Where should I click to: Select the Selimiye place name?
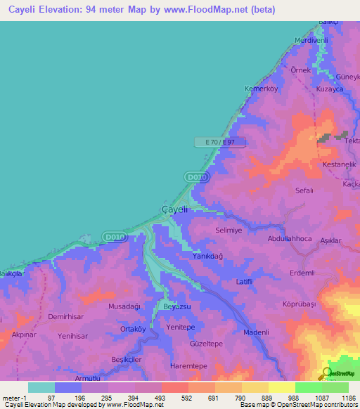pyautogui.click(x=228, y=231)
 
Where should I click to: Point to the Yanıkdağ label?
pyautogui.click(x=207, y=257)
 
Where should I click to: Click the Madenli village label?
pyautogui.click(x=257, y=332)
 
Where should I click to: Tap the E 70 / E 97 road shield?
pyautogui.click(x=219, y=143)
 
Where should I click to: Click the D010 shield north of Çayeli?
pyautogui.click(x=198, y=178)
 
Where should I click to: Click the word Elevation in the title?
pyautogui.click(x=71, y=10)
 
